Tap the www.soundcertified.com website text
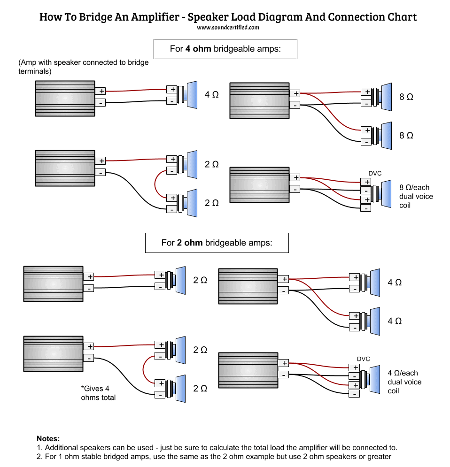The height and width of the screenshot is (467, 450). [x=228, y=28]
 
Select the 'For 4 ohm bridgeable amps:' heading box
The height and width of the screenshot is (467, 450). [x=225, y=49]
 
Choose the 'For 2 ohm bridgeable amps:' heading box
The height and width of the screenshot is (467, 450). [x=217, y=243]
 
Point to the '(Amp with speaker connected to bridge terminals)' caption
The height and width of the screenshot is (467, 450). [x=83, y=67]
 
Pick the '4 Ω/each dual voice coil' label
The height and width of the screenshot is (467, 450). [x=404, y=382]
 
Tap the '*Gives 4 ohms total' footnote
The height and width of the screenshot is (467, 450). [x=98, y=393]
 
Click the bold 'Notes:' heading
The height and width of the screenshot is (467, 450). [x=48, y=438]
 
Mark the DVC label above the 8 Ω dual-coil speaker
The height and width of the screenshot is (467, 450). [x=375, y=173]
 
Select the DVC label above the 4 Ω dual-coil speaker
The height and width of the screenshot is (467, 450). [x=364, y=359]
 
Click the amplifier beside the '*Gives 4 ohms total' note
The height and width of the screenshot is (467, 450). [x=53, y=353]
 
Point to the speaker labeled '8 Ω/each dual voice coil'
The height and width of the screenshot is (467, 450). [x=384, y=193]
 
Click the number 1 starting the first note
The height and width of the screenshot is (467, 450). [x=39, y=447]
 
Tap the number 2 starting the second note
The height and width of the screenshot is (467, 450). [x=39, y=456]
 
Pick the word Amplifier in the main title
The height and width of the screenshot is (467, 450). [x=152, y=17]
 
